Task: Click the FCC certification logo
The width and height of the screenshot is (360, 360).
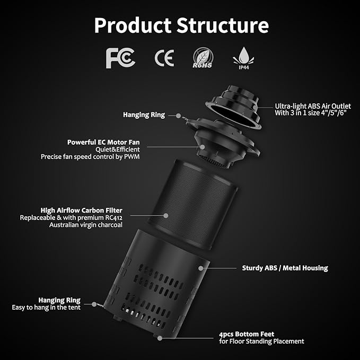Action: [120, 58]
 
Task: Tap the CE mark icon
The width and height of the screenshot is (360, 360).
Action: [164, 58]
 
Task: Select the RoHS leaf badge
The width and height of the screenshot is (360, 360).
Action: [203, 58]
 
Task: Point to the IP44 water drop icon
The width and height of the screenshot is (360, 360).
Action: [243, 58]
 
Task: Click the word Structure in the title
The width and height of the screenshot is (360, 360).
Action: [223, 25]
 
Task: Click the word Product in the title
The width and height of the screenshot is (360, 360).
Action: [133, 25]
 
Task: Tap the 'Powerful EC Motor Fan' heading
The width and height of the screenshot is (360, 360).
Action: [103, 142]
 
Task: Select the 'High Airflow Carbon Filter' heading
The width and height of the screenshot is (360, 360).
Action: [82, 210]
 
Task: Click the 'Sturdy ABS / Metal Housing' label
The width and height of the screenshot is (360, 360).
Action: [285, 268]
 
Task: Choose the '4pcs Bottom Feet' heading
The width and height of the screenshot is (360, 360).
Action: [247, 334]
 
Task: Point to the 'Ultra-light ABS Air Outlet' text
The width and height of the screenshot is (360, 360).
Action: [313, 106]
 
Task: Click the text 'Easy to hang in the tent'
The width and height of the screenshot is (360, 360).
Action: [46, 308]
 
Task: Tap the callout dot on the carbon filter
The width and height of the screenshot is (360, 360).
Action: [166, 216]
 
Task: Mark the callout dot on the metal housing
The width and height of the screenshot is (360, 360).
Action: [200, 268]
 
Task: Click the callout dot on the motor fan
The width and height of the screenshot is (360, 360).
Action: [203, 147]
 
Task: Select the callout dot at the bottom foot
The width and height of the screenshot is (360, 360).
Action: [160, 338]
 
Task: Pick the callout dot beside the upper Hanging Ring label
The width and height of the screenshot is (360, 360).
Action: [178, 116]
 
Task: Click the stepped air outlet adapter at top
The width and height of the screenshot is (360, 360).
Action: [233, 107]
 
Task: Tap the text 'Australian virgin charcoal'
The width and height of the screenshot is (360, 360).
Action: [86, 225]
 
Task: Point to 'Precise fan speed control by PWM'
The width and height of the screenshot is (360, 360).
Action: [90, 157]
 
